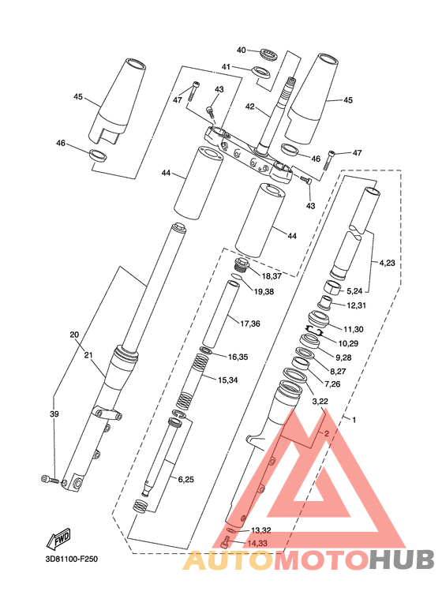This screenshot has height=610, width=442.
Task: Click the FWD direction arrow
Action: click(58, 539)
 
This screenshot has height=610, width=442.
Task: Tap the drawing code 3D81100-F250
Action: click(72, 559)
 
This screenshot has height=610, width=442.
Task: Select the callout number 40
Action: click(242, 51)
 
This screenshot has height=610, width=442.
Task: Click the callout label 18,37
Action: click(272, 276)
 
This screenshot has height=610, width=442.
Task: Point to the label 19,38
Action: click(264, 291)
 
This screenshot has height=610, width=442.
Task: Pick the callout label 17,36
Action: click(250, 324)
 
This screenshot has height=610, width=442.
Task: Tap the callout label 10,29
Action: click(348, 343)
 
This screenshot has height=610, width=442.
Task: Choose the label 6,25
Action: click(186, 480)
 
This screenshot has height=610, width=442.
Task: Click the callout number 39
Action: click(54, 414)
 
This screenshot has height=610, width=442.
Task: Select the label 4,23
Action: click(387, 263)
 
